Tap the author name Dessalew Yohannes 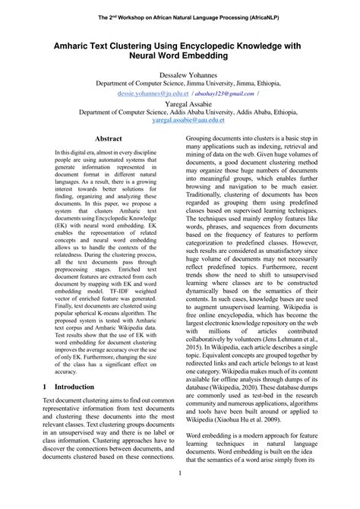pos(180,75)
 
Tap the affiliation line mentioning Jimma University pos(180,84)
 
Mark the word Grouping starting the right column pos(204,139)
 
